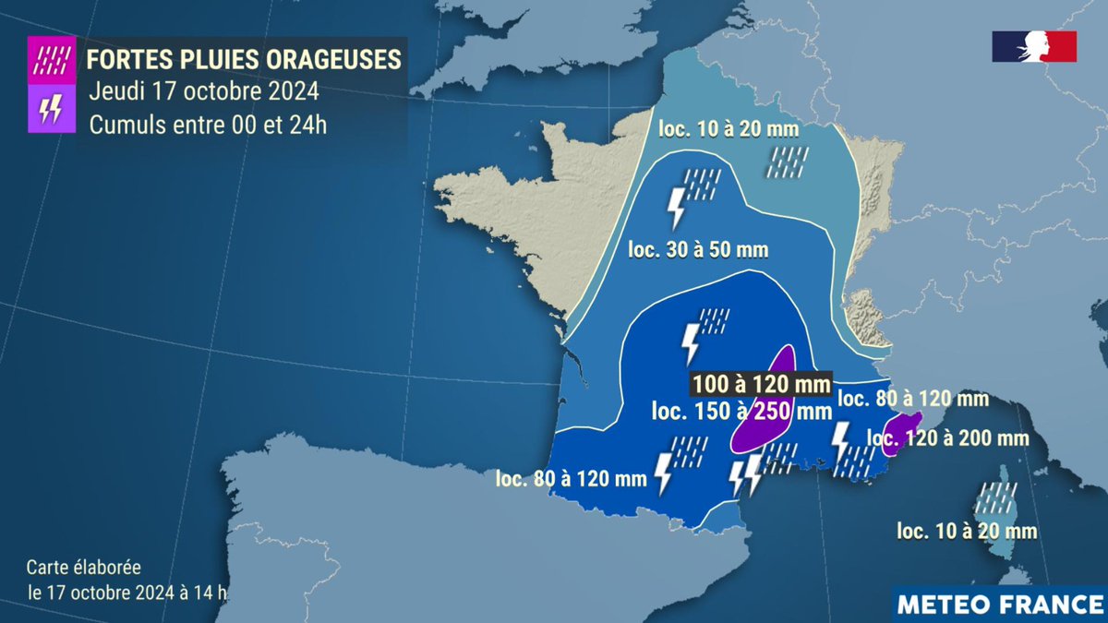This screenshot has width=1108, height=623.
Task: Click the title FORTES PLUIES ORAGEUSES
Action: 244,59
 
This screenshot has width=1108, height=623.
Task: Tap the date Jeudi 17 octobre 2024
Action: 204,91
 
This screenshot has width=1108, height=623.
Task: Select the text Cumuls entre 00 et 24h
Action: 208,125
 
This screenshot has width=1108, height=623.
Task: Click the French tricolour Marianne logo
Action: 1034,46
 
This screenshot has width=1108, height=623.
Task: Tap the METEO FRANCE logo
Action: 1001,605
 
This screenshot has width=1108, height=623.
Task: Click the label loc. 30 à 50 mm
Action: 698,249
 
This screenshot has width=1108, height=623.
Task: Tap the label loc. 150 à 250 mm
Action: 741,410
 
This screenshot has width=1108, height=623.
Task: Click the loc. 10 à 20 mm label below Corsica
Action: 967,531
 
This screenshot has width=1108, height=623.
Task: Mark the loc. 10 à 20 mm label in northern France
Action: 729,129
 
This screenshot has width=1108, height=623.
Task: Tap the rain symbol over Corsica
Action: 995,497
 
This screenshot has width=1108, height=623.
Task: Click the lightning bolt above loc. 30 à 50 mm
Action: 677,207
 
